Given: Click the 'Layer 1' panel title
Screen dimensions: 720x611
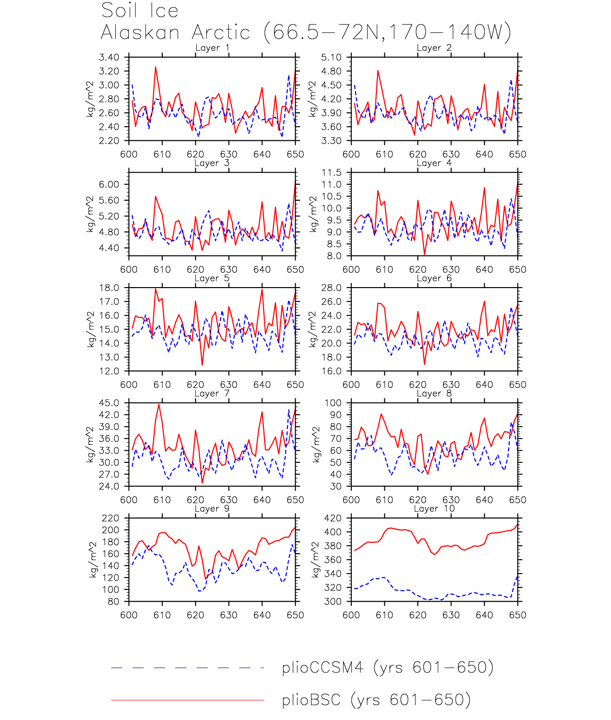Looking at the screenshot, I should pyautogui.click(x=212, y=48).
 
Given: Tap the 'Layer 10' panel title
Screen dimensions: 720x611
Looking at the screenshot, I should pyautogui.click(x=434, y=509).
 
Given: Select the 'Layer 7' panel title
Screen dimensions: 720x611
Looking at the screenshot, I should pyautogui.click(x=212, y=393).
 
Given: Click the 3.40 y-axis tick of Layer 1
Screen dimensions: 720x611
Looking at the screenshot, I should pyautogui.click(x=109, y=57).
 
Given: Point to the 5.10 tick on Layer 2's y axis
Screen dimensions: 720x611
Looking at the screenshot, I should pyautogui.click(x=331, y=57).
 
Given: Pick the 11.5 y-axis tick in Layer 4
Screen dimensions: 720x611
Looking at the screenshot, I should pyautogui.click(x=331, y=173).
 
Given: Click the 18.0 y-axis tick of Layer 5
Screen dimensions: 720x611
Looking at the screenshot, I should pyautogui.click(x=109, y=288).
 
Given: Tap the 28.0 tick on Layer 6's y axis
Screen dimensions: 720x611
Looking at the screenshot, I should pyautogui.click(x=331, y=288).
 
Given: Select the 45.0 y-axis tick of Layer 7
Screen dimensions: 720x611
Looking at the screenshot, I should pyautogui.click(x=109, y=403).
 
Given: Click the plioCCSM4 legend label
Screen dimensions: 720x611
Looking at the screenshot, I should pyautogui.click(x=387, y=668).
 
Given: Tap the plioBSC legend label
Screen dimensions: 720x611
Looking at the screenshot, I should pyautogui.click(x=376, y=700).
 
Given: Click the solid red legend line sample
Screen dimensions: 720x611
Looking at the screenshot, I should pyautogui.click(x=187, y=700).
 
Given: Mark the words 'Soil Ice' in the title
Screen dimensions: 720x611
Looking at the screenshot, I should pyautogui.click(x=140, y=10).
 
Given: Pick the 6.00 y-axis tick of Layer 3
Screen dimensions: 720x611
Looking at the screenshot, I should pyautogui.click(x=109, y=185).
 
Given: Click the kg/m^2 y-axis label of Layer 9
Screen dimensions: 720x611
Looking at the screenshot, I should pyautogui.click(x=93, y=560).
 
